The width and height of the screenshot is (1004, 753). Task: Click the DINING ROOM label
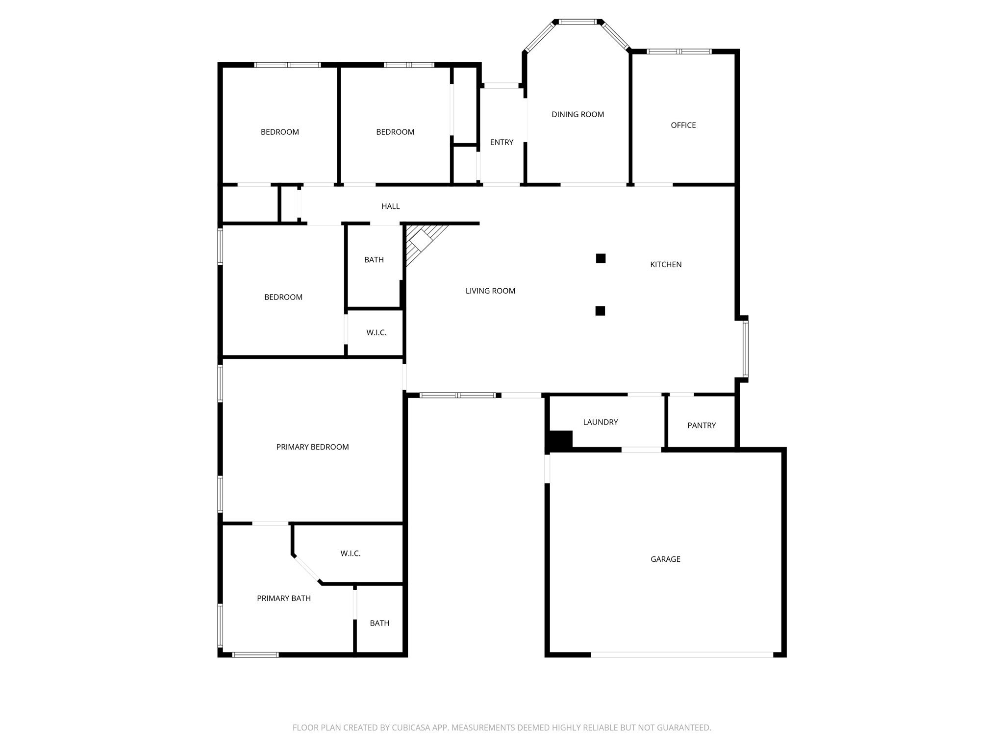[x=577, y=115]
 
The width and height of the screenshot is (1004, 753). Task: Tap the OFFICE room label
[x=683, y=125]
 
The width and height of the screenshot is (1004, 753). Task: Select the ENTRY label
[x=502, y=143]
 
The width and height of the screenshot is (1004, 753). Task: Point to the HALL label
[x=390, y=206]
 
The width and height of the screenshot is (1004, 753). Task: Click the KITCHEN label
[x=665, y=265]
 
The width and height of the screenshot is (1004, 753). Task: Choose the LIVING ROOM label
[x=490, y=291]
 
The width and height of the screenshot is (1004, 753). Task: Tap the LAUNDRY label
[x=600, y=422]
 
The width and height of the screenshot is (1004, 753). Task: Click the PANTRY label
[x=701, y=426]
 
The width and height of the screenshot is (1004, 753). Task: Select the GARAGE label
[x=665, y=559]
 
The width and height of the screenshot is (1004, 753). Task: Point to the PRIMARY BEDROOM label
[x=312, y=447]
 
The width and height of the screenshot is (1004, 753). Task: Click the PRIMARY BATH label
[x=283, y=598]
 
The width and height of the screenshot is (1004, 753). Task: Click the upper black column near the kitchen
[x=601, y=258]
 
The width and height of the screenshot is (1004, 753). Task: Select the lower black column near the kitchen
[x=600, y=311]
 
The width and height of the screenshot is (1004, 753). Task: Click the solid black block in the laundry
[x=560, y=439]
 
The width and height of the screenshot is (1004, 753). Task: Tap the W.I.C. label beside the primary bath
[x=351, y=553]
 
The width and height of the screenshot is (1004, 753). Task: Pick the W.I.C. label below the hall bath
[x=376, y=333]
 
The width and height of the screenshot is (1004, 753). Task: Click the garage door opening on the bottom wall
[x=681, y=654]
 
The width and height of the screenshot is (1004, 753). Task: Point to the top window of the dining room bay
[x=578, y=22]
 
